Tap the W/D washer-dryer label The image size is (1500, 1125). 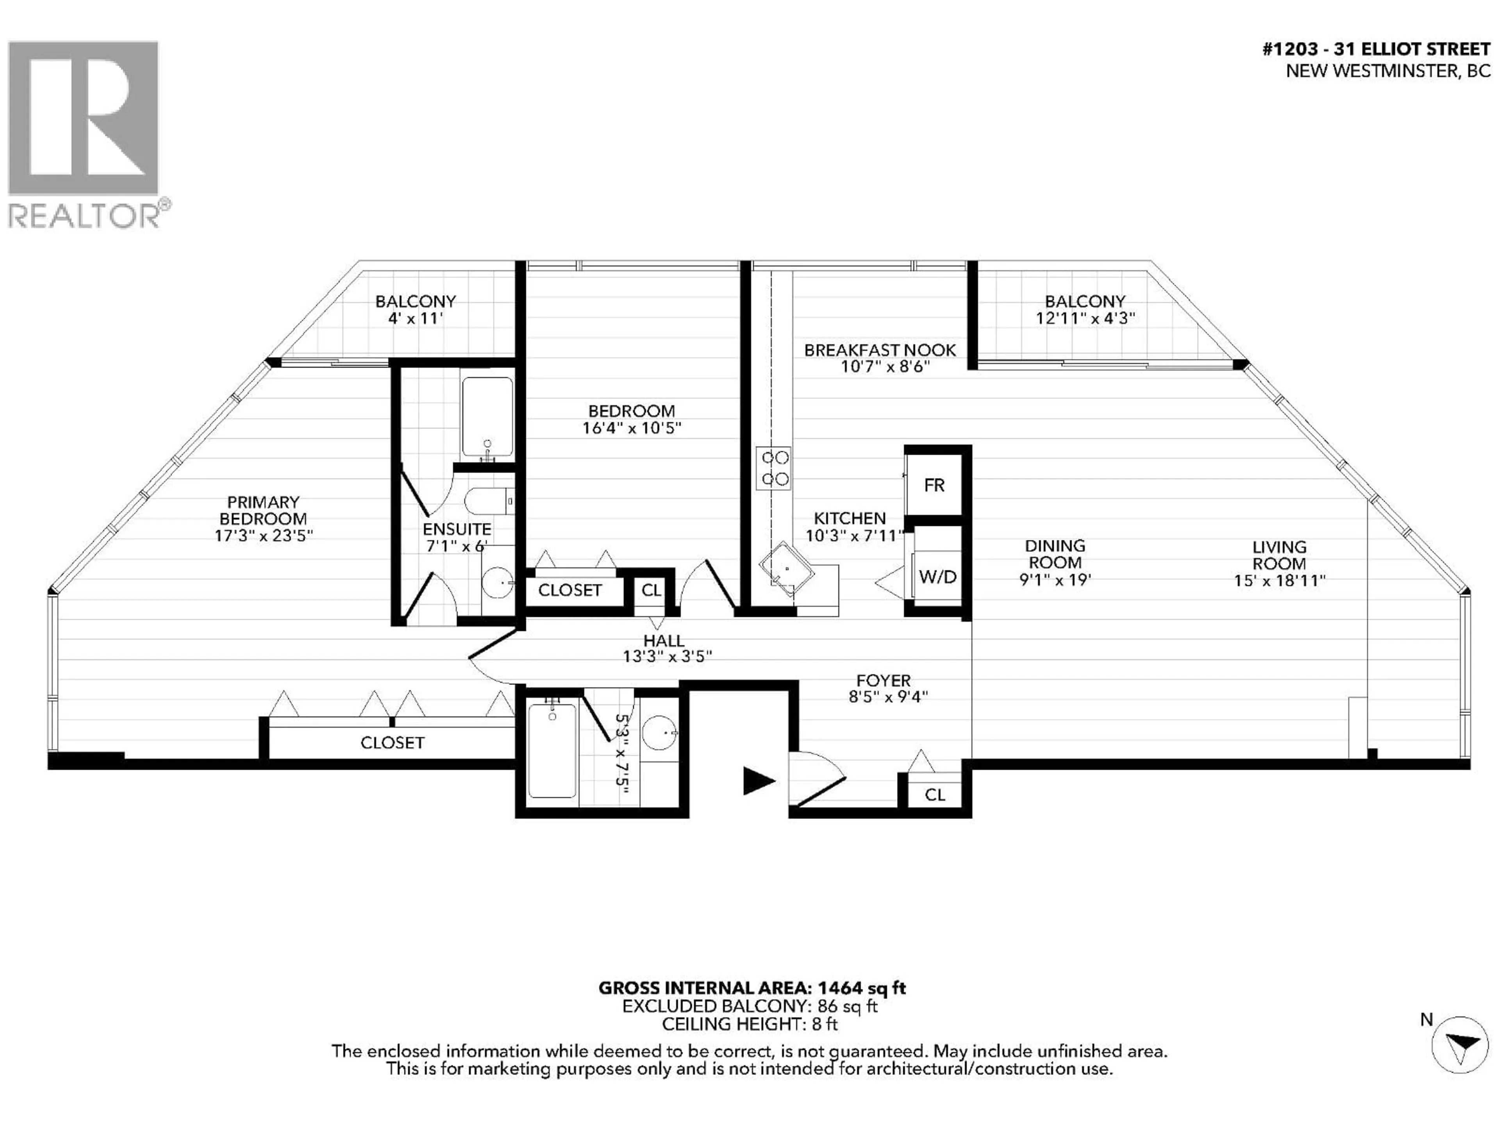coord(937,577)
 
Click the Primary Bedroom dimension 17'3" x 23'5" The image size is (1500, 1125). coord(263,536)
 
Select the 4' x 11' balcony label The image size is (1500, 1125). coord(415,317)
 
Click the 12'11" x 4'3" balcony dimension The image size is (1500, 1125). coord(1085,318)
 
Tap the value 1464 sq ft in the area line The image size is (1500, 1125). coord(861,988)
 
